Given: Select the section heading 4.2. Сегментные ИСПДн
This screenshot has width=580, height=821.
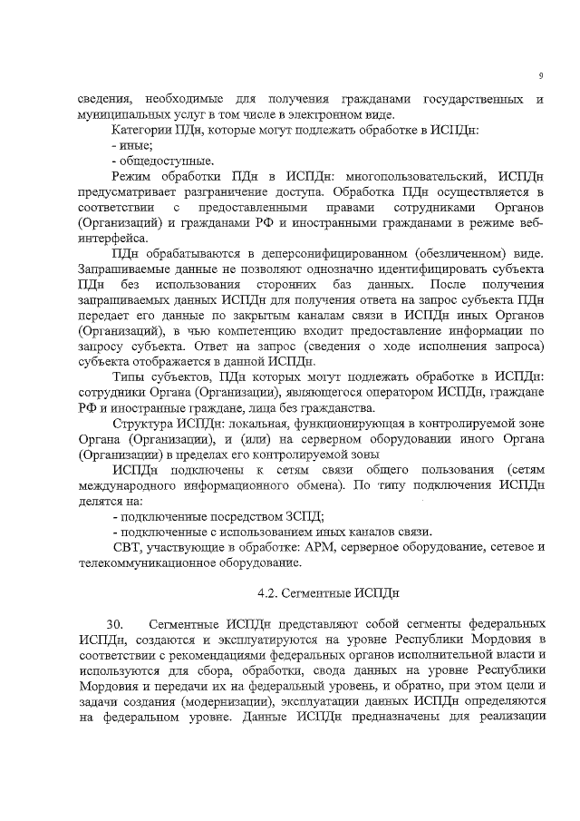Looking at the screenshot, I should coord(328,593).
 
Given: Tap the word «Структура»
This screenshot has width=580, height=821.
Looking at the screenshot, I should coord(145,423).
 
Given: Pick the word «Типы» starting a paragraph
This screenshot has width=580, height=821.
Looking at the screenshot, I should coord(128,376).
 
